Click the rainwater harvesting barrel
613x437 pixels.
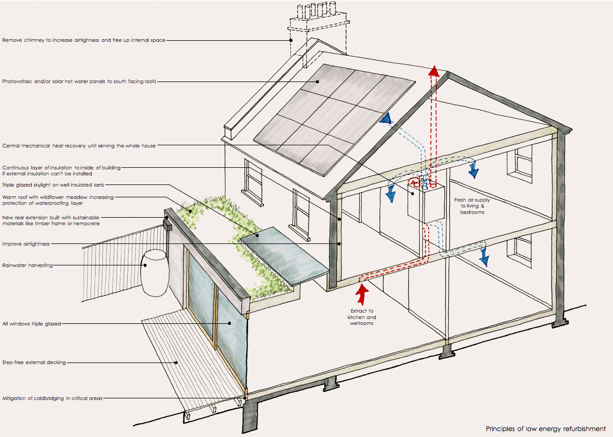[x=155, y=273]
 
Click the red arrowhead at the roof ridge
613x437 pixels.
[x=434, y=71]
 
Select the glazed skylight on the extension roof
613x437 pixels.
[x=284, y=255]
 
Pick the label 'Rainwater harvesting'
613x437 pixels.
[x=27, y=265]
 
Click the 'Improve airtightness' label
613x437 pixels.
[x=26, y=244]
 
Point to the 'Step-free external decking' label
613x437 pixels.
[x=34, y=362]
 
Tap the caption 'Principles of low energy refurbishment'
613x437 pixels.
[x=545, y=428]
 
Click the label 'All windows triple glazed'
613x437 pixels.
[x=32, y=324]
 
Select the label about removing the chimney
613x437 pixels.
[x=84, y=40]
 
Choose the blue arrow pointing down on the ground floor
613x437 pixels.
[x=484, y=260]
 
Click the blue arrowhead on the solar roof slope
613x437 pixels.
[x=385, y=119]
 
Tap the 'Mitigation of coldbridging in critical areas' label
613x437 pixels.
[x=52, y=398]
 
